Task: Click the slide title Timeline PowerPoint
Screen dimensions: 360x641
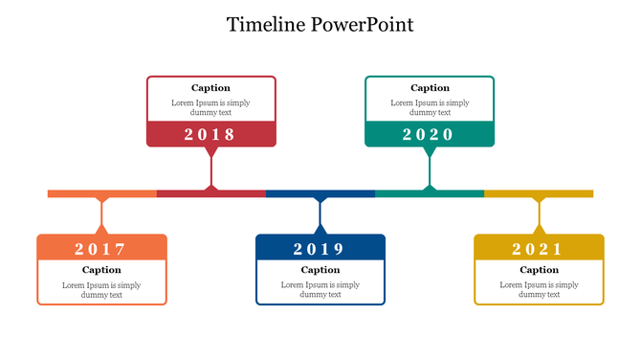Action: tap(320, 25)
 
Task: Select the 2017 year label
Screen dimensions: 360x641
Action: tap(101, 249)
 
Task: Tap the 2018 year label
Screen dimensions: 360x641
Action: tap(210, 134)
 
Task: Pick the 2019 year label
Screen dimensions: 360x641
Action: tap(320, 249)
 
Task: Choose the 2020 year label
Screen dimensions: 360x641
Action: tap(429, 134)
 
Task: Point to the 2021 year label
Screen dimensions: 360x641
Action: tap(539, 249)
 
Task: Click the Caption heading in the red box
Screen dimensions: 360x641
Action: tap(210, 88)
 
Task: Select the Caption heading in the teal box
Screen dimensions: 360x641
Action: tap(430, 88)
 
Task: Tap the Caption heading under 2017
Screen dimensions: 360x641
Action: tap(101, 270)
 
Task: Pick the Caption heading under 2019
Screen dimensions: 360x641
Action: tap(320, 270)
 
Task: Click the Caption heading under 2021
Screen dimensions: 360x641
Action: tap(539, 270)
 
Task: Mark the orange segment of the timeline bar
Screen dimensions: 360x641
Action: tap(77, 193)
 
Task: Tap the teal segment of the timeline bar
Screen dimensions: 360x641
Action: tap(402, 193)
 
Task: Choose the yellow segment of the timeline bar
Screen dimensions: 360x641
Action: tap(564, 193)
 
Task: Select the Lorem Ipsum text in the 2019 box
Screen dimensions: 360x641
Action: tap(320, 289)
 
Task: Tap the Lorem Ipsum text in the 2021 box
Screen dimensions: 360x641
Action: tap(539, 289)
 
